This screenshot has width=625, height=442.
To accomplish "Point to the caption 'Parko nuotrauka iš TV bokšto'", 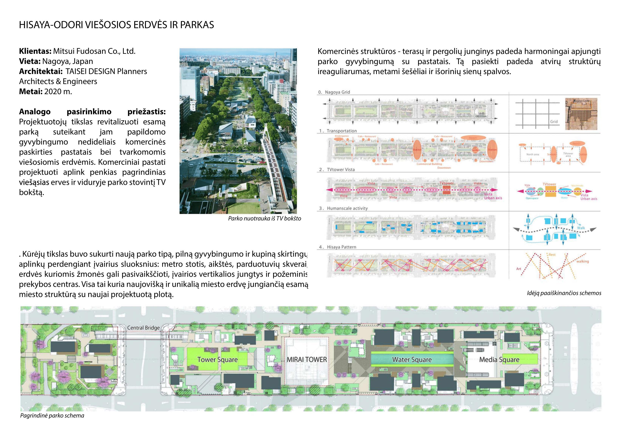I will tap(264, 218).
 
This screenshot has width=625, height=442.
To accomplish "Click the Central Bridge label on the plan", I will tap(143, 328).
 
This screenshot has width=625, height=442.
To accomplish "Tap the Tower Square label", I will tap(218, 360).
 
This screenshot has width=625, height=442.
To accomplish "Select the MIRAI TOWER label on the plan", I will tap(307, 360).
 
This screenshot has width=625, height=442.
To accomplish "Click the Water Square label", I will tap(412, 360).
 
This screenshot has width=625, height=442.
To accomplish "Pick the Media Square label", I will tap(499, 360).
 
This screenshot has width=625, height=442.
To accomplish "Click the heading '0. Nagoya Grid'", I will tap(334, 92).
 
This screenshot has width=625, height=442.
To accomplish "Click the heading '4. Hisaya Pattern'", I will tap(338, 247).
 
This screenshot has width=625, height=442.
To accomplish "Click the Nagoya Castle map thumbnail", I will tap(581, 114).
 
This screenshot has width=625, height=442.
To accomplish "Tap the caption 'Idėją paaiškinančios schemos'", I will tap(564, 293).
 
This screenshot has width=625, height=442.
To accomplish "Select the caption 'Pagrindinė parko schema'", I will tap(52, 416).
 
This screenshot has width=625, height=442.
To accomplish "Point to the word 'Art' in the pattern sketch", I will tap(519, 269).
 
